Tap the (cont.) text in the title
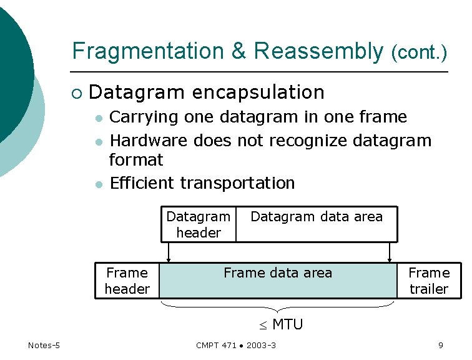point(419,53)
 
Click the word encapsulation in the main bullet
point(258,92)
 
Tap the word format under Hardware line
point(135,160)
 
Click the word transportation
point(237,183)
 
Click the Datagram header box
point(199,224)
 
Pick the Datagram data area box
point(317,224)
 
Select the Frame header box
point(127,281)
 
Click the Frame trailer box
point(428,281)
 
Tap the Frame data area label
point(278,273)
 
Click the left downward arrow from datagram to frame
point(169,252)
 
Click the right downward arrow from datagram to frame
point(390,252)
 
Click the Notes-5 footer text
point(44,346)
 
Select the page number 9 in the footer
point(441,346)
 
